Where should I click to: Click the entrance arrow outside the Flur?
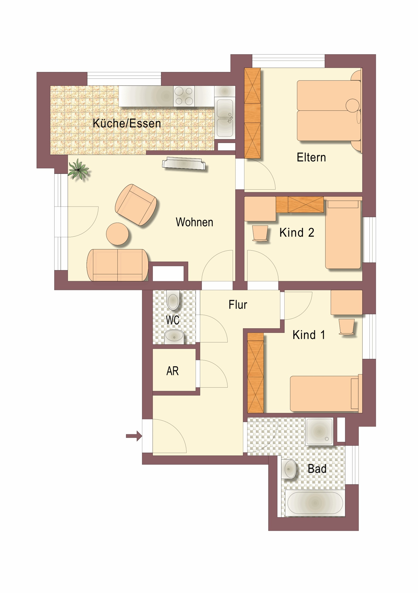[x=134, y=436]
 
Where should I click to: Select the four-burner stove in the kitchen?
[x=184, y=96]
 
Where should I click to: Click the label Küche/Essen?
[x=127, y=123]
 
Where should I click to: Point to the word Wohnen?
[x=194, y=222]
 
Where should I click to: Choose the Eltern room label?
[x=311, y=157]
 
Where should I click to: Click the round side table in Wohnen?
[x=117, y=234]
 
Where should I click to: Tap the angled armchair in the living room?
[x=136, y=205]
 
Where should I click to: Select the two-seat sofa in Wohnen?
[x=118, y=265]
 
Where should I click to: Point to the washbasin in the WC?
[x=174, y=337]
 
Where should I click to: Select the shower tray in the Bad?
[x=319, y=431]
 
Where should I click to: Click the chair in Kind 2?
[x=260, y=233]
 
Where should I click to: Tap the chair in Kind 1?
[x=347, y=327]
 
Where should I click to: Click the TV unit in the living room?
[x=184, y=163]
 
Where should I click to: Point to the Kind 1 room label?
[x=309, y=335]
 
